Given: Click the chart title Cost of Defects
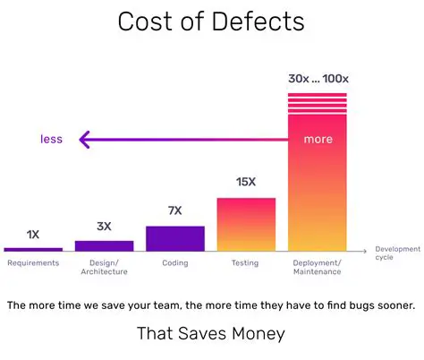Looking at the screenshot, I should coord(211,21).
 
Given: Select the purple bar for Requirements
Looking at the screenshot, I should coord(33,248).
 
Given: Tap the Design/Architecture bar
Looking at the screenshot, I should coord(104,244).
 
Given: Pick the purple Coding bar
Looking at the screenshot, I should coord(175,237).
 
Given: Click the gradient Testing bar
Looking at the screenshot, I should coord(246,223).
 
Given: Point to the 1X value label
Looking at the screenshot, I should coord(33,235).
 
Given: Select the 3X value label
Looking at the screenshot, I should coord(104,227).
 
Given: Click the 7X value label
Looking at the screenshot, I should coord(175,211).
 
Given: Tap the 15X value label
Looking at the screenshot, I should coord(246,183).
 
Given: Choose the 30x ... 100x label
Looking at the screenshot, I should coord(318,78).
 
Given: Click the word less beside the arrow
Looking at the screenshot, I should coord(52,139).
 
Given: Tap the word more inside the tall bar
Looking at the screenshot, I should coord(318,139).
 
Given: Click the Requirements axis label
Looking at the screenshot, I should coord(33,263).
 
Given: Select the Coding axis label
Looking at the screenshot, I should coord(175,263).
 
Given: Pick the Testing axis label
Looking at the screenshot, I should coord(246,263).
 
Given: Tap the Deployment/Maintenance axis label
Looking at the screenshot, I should coord(318,268).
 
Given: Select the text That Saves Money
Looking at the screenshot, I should coord(211,334).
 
